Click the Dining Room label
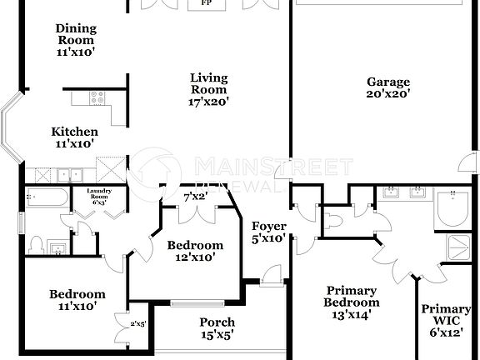tap(75, 39)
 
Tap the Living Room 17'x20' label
tap(209, 90)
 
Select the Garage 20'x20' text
tap(388, 87)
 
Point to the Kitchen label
tap(75, 137)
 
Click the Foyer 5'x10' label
tap(269, 232)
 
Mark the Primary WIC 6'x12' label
tap(446, 320)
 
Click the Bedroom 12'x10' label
tap(195, 251)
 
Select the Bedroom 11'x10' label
tap(77, 300)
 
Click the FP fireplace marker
tap(204, 3)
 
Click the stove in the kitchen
tap(94, 97)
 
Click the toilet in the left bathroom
tap(35, 245)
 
